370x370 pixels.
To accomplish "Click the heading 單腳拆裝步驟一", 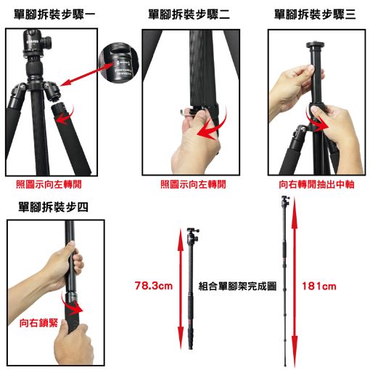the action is click(54, 15).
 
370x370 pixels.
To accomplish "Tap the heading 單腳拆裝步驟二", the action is click(189, 15).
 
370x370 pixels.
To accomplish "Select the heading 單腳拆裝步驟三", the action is click(315, 15).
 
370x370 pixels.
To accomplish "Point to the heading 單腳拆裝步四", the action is click(53, 207).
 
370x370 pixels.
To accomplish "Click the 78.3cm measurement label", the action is click(154, 286).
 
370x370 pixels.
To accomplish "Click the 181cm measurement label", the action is click(319, 287).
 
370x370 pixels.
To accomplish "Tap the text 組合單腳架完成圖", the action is click(237, 287).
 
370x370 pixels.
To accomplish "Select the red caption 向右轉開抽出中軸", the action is click(316, 184).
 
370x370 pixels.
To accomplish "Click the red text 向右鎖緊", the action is click(38, 323).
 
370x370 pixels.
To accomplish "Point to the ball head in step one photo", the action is click(37, 44).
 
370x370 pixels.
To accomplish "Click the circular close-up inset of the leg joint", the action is click(119, 65).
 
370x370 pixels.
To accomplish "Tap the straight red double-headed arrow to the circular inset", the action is click(86, 74).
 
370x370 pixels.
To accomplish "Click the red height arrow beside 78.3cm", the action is click(181, 289).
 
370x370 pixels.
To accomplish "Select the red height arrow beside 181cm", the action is click(295, 281).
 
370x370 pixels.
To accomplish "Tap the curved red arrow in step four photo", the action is click(71, 305).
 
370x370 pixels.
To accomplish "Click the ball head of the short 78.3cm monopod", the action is click(193, 234).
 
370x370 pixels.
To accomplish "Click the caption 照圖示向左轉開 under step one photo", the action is click(49, 184).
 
